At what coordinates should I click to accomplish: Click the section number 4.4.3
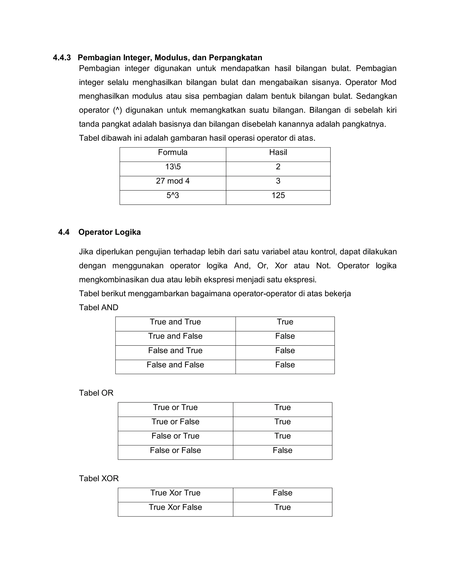62,58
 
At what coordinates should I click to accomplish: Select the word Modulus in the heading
171,58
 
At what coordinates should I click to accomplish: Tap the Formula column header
172,152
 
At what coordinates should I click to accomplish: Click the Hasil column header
278,152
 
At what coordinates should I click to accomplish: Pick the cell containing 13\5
173,167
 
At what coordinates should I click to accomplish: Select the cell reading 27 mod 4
172,181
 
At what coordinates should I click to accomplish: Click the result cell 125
278,196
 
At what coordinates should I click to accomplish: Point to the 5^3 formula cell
173,196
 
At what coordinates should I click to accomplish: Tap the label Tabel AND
98,307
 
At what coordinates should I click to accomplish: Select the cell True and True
175,322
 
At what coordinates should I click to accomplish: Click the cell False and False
175,365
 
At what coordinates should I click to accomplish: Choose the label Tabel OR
96,393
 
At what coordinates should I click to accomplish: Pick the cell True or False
175,422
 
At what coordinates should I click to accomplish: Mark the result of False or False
282,450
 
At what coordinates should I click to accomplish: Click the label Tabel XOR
99,478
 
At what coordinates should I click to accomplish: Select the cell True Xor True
175,493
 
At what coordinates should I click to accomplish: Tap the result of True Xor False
282,507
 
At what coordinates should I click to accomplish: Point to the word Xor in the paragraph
281,266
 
